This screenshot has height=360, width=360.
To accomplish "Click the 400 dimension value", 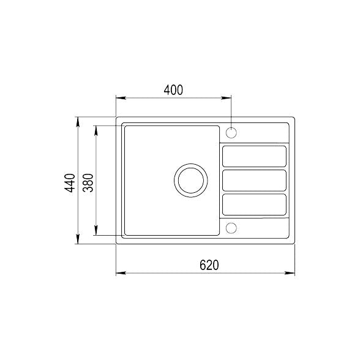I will [173, 89].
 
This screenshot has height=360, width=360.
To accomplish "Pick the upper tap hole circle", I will [231, 132].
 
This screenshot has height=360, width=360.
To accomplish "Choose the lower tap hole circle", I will [231, 228].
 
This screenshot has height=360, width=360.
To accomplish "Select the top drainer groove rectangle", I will [254, 156].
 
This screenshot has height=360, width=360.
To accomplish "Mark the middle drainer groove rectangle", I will [254, 180].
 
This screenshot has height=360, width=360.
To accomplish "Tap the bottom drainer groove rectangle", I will [254, 204].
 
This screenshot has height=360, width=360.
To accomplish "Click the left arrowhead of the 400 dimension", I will [121, 97].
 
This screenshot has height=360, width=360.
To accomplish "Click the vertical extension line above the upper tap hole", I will [231, 110].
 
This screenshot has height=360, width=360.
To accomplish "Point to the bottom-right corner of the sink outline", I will [294, 243].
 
